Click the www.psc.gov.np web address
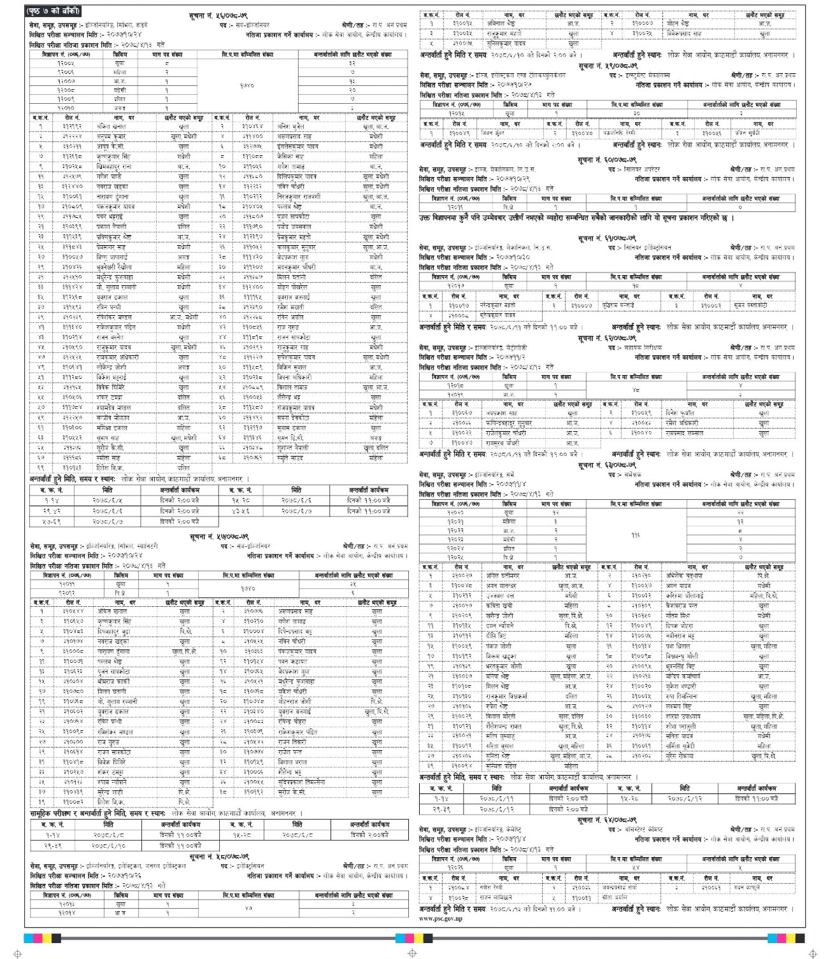(x=441, y=918)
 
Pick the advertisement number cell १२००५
(x=66, y=64)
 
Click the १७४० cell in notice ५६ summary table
(x=247, y=85)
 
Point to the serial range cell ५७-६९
(x=52, y=522)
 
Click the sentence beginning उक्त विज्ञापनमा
(x=573, y=218)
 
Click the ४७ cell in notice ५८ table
(x=248, y=908)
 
